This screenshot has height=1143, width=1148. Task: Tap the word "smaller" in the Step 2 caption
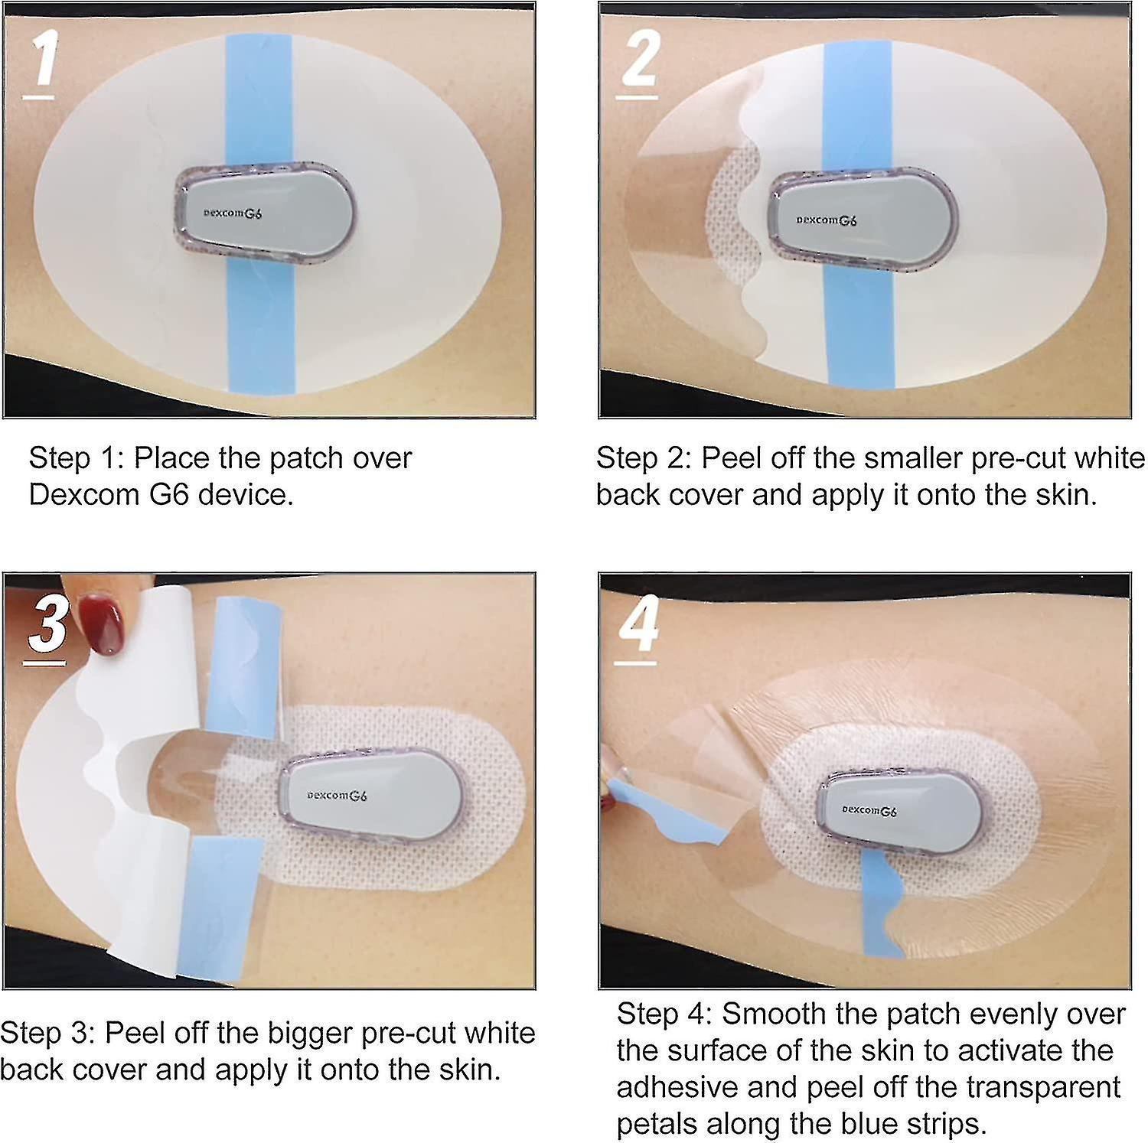(x=912, y=458)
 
